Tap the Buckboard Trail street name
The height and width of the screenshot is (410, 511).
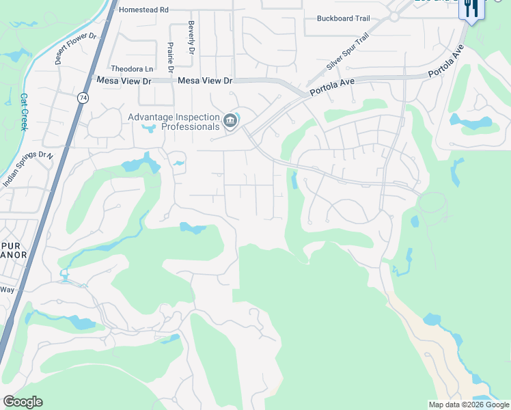[x=343, y=18]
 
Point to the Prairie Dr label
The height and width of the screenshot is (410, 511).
[x=170, y=57]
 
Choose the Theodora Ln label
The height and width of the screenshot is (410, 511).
[x=132, y=69]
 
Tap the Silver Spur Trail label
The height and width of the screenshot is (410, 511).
[x=348, y=51]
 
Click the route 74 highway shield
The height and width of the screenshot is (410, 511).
[x=83, y=98]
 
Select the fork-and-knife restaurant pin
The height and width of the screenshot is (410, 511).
[x=471, y=9]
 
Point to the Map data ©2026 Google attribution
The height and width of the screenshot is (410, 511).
[x=469, y=405]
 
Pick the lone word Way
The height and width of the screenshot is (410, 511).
[x=7, y=290]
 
